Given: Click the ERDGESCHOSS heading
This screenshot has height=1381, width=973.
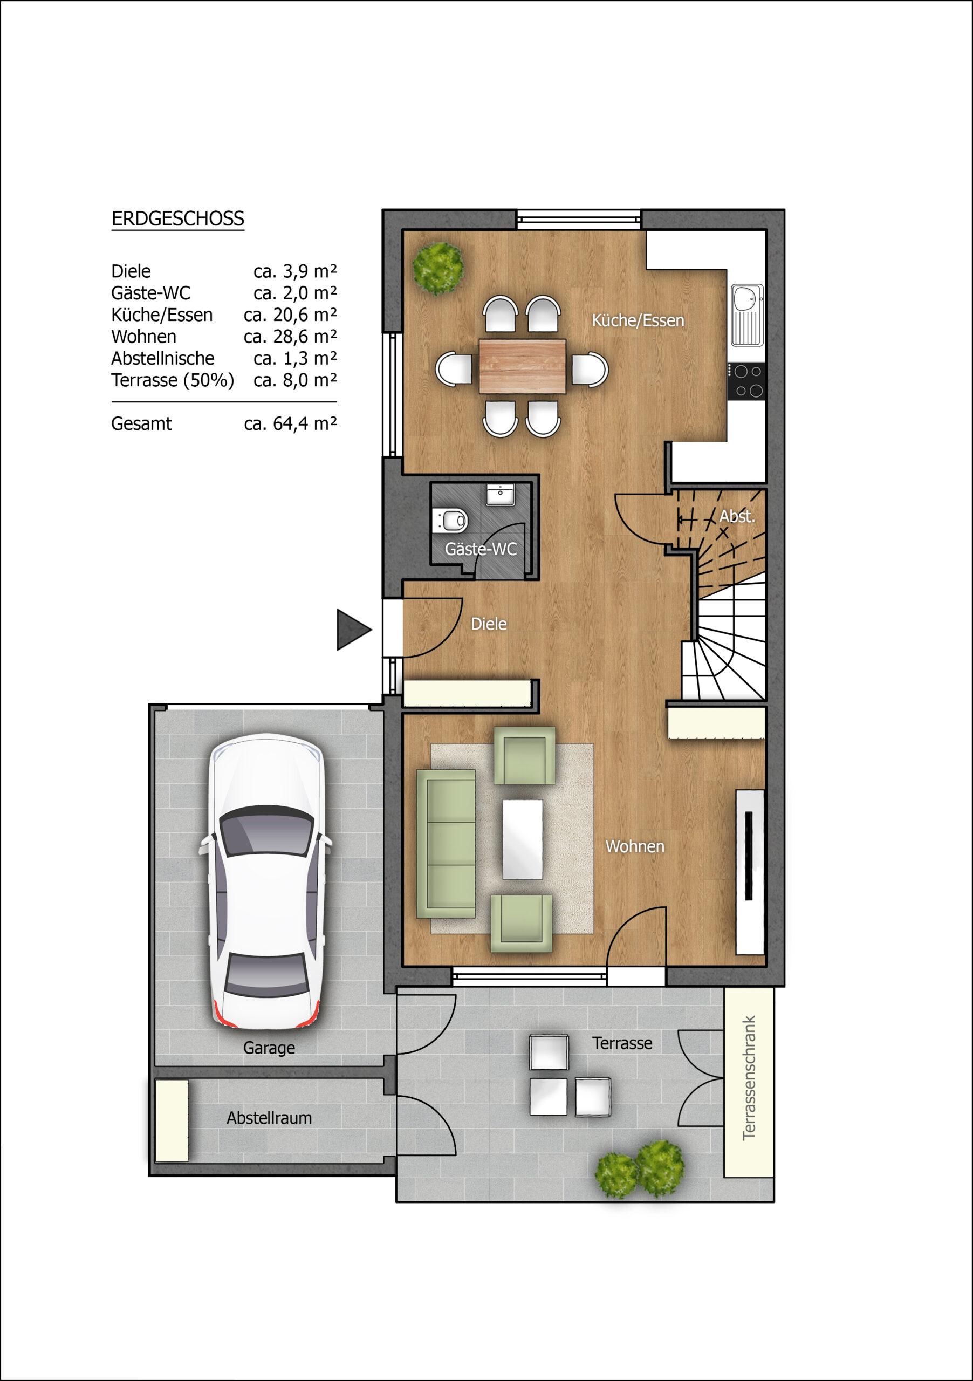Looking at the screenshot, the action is pos(178,219).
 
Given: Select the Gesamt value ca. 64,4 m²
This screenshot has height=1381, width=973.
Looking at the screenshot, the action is pos(290,423).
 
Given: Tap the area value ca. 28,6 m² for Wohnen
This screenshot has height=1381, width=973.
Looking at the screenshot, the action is pos(290,336).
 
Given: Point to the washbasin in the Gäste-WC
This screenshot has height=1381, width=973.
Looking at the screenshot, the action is pos(501,495).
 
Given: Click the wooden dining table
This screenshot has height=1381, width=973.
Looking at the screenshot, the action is pos(523,366).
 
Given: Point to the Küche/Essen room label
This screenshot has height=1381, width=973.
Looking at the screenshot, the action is pos(638,320).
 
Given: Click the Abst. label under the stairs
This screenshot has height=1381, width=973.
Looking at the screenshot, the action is pos(737,516).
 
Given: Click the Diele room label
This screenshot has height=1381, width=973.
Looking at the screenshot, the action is pos(488,624).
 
